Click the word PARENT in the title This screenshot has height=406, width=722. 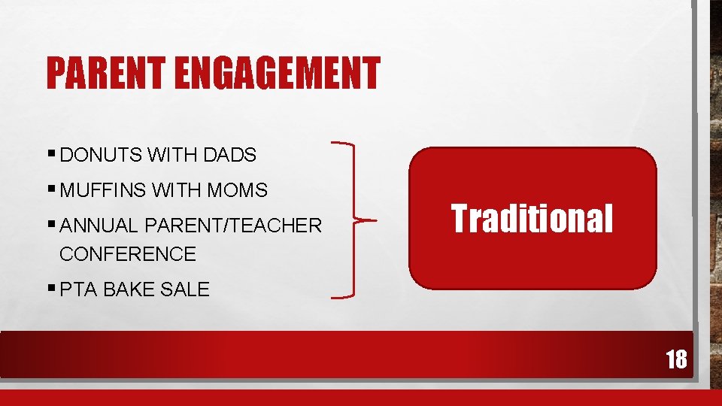click(x=108, y=74)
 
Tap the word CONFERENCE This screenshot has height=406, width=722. click(x=127, y=254)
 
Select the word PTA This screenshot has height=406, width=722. click(x=78, y=289)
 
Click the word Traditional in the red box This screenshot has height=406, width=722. click(x=532, y=219)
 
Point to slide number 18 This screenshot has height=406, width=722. click(x=675, y=359)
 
